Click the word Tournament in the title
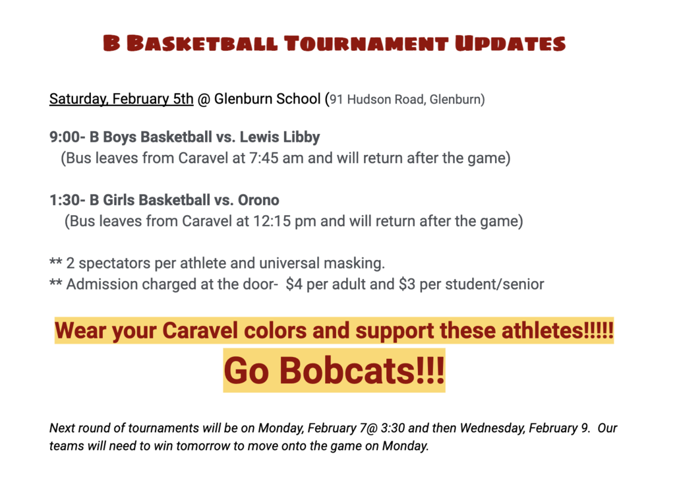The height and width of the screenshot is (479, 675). click(x=367, y=44)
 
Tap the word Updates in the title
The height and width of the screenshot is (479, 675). click(x=511, y=44)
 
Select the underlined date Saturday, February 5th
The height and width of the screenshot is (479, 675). click(x=121, y=99)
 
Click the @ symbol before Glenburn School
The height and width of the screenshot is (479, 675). click(x=204, y=100)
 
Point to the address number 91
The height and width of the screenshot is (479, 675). click(x=336, y=100)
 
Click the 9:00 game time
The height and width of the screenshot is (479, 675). click(x=65, y=137)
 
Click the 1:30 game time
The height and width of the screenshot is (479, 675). click(x=65, y=201)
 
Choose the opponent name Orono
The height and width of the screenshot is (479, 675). click(x=258, y=201)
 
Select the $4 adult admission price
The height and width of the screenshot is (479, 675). click(x=294, y=284)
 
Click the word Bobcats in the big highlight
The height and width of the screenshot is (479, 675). click(x=348, y=370)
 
